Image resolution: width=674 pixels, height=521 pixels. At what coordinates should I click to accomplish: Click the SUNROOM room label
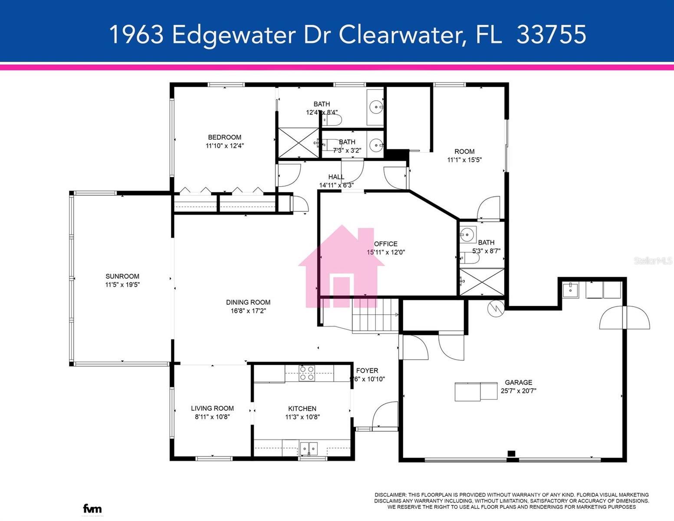click(x=122, y=276)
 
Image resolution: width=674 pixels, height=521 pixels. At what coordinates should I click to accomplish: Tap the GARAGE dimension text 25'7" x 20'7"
click(x=518, y=391)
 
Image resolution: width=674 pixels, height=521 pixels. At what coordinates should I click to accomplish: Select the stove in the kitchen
click(x=307, y=373)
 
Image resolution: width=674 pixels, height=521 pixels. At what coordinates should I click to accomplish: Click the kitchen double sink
click(x=308, y=448)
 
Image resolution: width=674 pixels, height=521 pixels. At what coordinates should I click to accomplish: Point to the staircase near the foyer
click(x=375, y=316)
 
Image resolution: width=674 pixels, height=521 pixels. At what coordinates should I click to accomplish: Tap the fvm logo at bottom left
click(x=92, y=508)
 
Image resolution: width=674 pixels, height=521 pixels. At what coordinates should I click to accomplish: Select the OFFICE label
click(x=385, y=244)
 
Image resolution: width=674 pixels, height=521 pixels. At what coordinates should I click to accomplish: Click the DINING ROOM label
click(x=248, y=303)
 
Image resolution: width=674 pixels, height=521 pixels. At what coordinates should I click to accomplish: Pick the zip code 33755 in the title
click(x=551, y=34)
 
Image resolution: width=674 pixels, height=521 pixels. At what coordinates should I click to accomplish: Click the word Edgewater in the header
click(x=233, y=34)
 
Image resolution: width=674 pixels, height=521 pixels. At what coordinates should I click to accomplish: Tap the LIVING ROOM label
click(x=212, y=408)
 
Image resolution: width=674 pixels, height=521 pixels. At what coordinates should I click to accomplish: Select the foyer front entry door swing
click(x=385, y=415)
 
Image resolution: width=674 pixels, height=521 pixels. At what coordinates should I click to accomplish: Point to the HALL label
click(x=336, y=177)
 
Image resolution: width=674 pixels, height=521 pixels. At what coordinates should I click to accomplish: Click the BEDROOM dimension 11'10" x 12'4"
click(x=224, y=146)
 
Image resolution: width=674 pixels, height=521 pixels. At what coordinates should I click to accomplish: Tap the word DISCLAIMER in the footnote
click(x=390, y=495)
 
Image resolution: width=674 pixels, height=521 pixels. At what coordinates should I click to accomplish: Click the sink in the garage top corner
click(x=570, y=289)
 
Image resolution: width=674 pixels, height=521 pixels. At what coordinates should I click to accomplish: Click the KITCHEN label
click(x=302, y=409)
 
